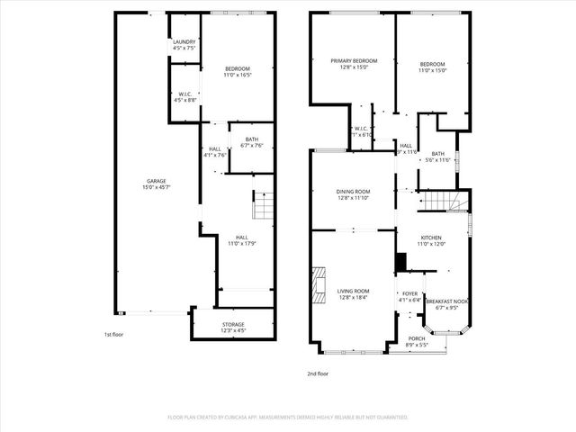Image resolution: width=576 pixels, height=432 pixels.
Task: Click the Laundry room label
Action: click(x=184, y=41)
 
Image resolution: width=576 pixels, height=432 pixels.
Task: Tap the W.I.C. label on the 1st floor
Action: click(x=184, y=93)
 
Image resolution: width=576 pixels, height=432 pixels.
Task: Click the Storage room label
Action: click(x=233, y=324)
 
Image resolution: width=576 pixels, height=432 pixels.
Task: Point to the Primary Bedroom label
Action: click(x=354, y=60)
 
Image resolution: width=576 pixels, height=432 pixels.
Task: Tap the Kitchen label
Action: click(x=431, y=238)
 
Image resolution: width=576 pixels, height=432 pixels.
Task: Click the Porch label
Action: click(x=416, y=339)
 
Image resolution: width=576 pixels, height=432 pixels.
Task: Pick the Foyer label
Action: click(x=409, y=293)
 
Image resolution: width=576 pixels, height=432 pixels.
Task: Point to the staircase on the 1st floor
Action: click(x=261, y=206)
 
